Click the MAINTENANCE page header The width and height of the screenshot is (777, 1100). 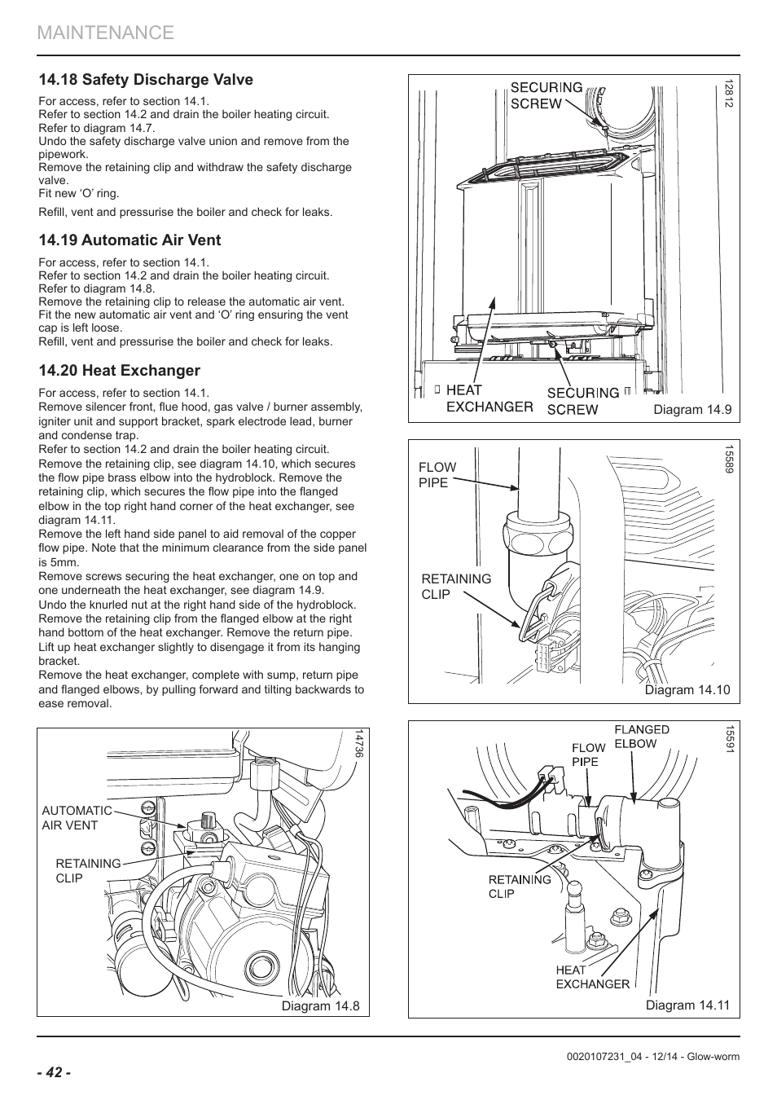pyautogui.click(x=106, y=33)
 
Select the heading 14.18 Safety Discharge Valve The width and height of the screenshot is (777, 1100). pyautogui.click(x=146, y=80)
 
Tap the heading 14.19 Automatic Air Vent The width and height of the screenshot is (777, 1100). pyautogui.click(x=129, y=240)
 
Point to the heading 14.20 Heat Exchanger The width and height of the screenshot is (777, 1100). pyautogui.click(x=119, y=371)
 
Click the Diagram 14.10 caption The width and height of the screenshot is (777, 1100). pyautogui.click(x=687, y=690)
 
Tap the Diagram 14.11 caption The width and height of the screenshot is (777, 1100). pyautogui.click(x=688, y=1005)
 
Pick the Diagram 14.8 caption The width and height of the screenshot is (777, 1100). pyautogui.click(x=320, y=1005)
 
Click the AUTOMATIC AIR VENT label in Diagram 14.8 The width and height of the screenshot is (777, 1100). pyautogui.click(x=77, y=818)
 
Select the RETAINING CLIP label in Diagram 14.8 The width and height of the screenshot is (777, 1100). pyautogui.click(x=88, y=871)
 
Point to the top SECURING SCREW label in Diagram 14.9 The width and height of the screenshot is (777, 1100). pyautogui.click(x=546, y=95)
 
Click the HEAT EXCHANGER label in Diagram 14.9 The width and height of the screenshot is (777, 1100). pyautogui.click(x=489, y=398)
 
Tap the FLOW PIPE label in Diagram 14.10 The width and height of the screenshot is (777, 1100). pyautogui.click(x=437, y=475)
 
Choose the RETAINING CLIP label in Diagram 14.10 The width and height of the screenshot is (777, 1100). pyautogui.click(x=456, y=587)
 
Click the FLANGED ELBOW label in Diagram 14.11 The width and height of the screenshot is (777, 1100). pyautogui.click(x=641, y=737)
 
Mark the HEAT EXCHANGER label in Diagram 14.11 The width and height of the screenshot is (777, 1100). pyautogui.click(x=592, y=977)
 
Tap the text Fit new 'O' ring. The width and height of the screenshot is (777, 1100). pyautogui.click(x=79, y=194)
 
